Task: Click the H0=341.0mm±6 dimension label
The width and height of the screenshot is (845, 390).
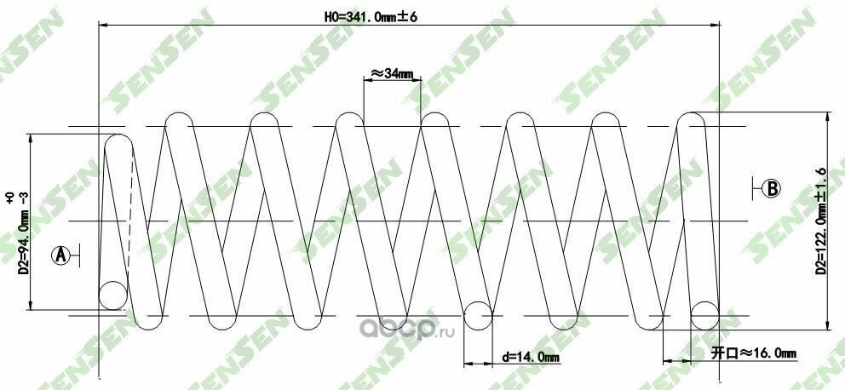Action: (x=371, y=17)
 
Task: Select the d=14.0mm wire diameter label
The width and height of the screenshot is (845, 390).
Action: (x=531, y=357)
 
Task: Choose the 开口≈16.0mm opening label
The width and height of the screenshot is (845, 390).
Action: (x=753, y=353)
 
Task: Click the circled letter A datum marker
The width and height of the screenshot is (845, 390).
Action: (x=60, y=255)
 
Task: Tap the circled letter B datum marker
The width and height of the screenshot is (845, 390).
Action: (x=773, y=188)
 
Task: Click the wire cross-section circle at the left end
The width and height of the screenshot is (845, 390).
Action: (x=113, y=295)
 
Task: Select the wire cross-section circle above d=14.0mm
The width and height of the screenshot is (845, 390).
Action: (x=478, y=315)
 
